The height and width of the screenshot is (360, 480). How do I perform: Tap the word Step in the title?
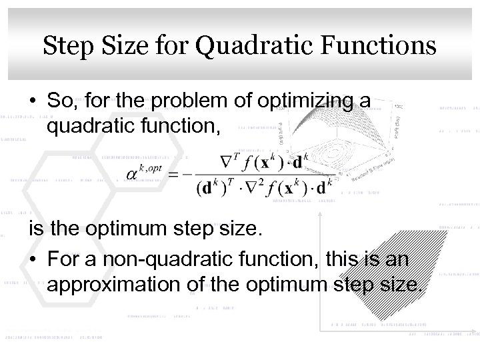coord(65,46)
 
